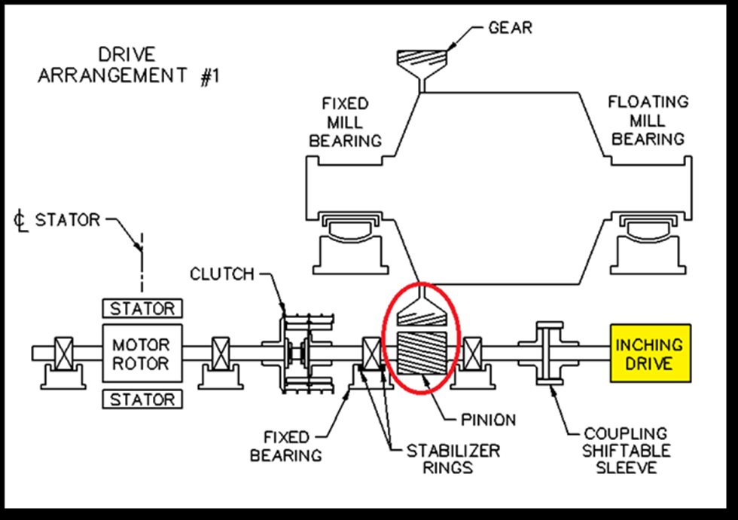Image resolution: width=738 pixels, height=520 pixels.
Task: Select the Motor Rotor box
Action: [x=142, y=354]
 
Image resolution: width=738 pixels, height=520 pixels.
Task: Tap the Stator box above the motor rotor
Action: [x=142, y=309]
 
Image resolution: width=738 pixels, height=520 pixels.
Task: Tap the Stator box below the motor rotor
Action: [x=142, y=399]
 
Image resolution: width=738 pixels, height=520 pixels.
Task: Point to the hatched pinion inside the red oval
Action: [x=419, y=353]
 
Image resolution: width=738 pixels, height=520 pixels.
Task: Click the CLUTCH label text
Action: [x=222, y=274]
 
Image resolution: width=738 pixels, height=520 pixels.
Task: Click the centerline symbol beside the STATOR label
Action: [x=21, y=222]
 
